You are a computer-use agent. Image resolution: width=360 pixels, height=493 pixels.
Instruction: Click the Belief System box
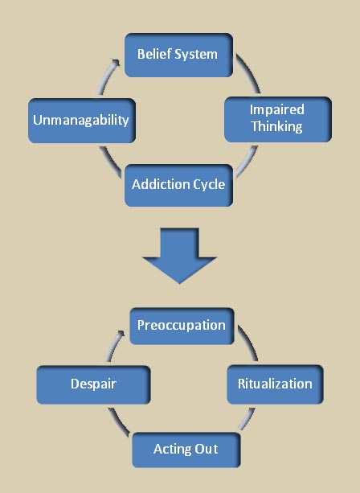178,55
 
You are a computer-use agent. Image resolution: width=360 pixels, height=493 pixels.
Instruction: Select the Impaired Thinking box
278,120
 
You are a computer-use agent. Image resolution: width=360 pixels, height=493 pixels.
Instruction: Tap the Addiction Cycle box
178,186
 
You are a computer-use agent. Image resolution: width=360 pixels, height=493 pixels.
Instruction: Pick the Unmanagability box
82,121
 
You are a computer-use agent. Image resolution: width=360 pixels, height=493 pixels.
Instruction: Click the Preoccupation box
182,326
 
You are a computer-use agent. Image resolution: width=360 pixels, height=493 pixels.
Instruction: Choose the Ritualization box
275,384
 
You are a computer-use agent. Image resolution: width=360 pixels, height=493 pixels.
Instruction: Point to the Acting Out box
186,450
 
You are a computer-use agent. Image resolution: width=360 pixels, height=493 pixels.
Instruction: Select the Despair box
93,385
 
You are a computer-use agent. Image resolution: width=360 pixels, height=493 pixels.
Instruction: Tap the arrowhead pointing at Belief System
116,62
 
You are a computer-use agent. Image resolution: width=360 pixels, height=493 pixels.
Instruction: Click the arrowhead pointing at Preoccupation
121,334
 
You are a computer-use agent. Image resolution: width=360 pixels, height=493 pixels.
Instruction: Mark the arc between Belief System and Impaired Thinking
251,72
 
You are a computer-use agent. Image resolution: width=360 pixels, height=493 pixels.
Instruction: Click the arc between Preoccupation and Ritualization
250,342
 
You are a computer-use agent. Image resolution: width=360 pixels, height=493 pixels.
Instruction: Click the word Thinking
276,127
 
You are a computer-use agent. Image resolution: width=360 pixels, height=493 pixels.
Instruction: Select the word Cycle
209,185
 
